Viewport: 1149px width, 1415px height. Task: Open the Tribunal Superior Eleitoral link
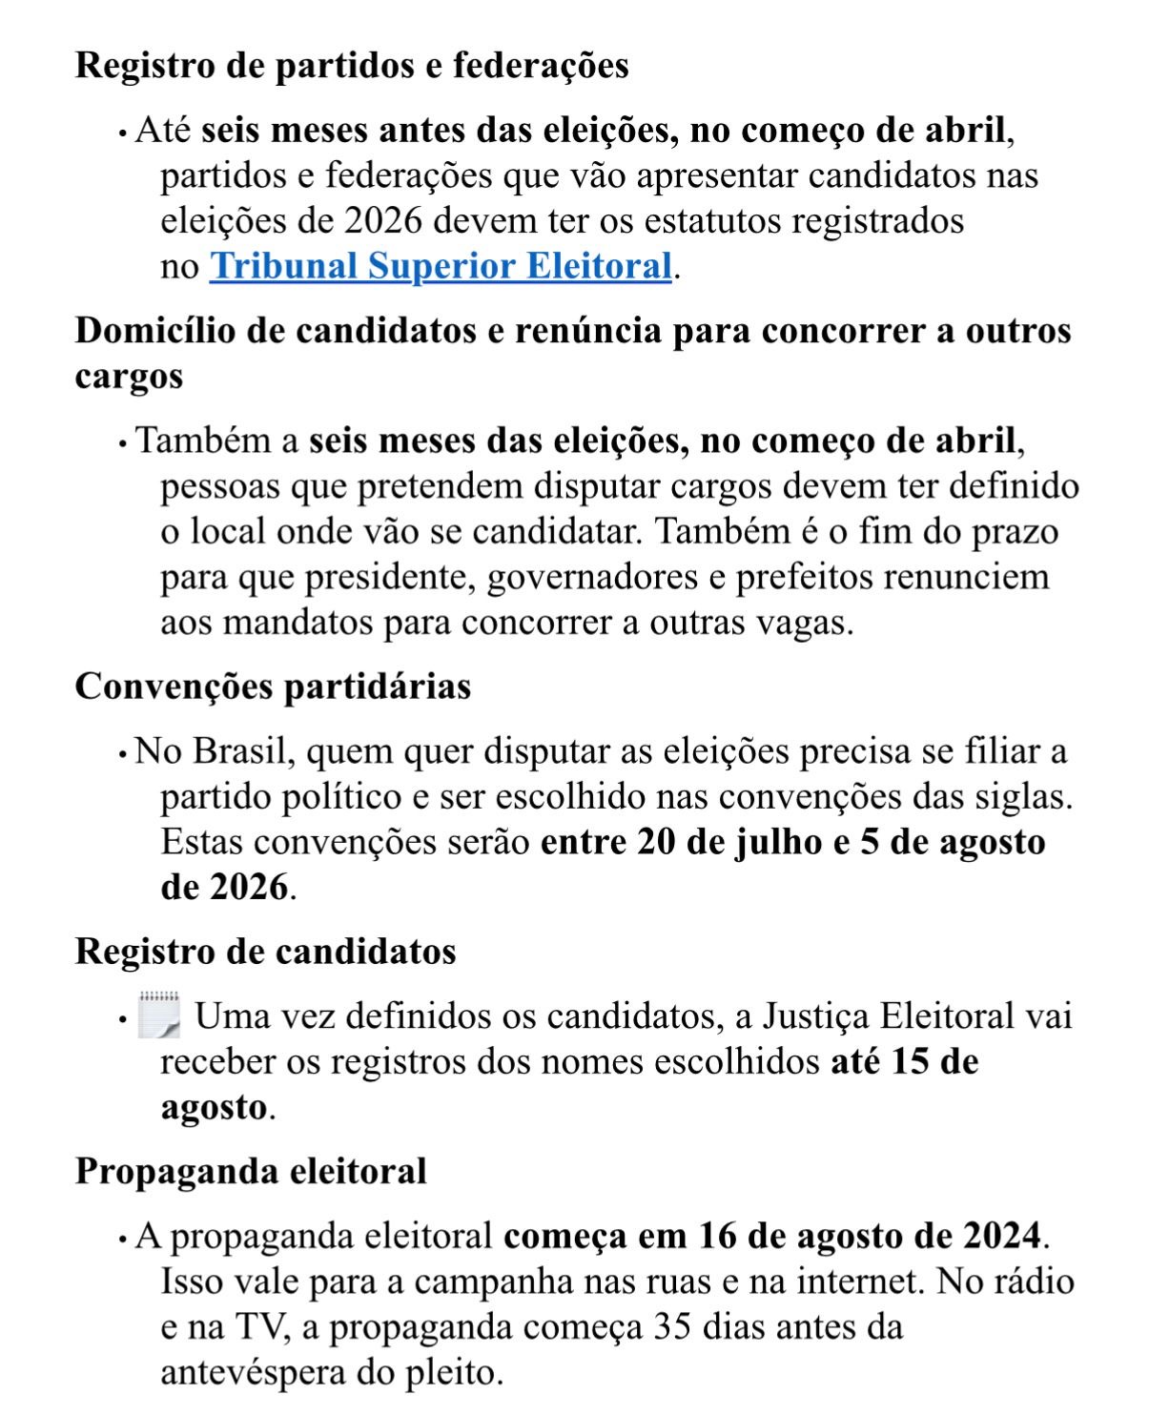tap(441, 266)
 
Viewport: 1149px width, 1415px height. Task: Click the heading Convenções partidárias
tap(273, 687)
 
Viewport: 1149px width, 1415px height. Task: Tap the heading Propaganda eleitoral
tap(251, 1171)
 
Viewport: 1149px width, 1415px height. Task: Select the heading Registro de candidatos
tap(265, 951)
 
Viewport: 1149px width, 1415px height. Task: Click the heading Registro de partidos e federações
tap(352, 65)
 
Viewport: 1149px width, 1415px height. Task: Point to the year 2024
tap(1000, 1236)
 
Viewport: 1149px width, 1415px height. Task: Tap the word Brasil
tap(239, 751)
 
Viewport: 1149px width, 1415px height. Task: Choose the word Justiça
tap(813, 1016)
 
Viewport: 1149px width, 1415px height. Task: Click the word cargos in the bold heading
tap(129, 377)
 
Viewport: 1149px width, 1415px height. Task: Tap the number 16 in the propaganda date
tap(718, 1236)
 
